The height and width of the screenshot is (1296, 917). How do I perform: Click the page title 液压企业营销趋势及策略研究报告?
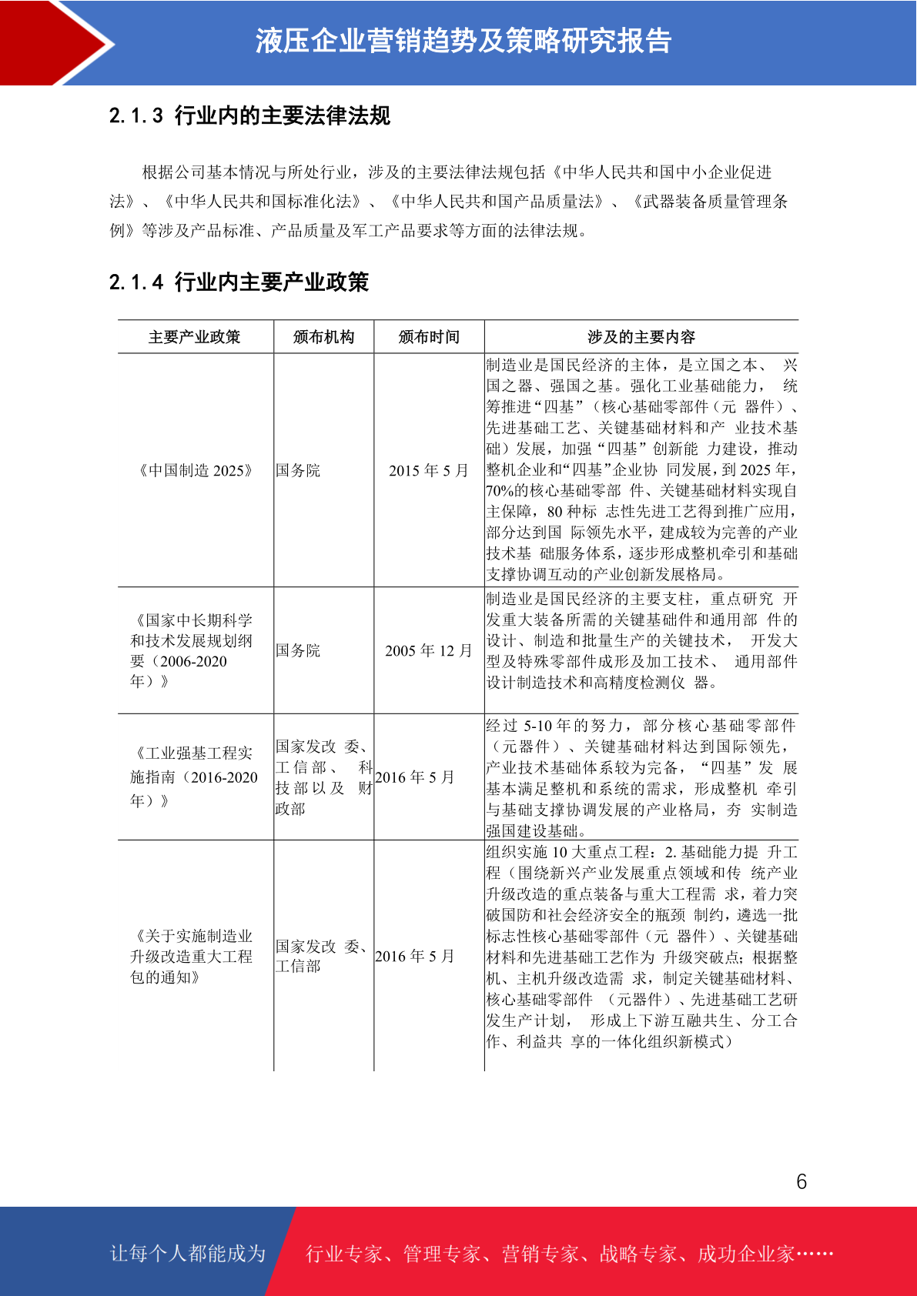[x=464, y=41]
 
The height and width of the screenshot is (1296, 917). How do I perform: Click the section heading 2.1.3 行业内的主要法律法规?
[x=249, y=115]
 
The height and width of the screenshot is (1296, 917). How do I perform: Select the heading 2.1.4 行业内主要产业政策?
[x=239, y=282]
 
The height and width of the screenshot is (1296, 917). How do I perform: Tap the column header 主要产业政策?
[x=195, y=337]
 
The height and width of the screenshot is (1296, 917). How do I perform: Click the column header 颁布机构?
[x=323, y=337]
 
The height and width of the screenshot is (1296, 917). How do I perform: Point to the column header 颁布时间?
[x=429, y=337]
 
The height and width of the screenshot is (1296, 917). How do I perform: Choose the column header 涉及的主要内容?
[x=641, y=337]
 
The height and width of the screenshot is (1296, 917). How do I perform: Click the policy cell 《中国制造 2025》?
[x=195, y=470]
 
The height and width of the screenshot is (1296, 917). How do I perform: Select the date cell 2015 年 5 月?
[x=428, y=470]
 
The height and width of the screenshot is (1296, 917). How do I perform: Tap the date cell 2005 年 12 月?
[x=428, y=650]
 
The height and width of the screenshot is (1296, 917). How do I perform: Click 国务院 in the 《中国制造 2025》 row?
[x=298, y=470]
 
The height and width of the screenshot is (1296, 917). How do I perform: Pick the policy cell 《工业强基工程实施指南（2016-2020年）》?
[x=193, y=777]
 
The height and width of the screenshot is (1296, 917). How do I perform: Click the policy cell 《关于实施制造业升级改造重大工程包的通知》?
[x=192, y=956]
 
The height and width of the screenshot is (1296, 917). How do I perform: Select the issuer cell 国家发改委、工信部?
[x=322, y=956]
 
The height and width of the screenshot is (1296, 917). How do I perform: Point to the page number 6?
[x=802, y=1181]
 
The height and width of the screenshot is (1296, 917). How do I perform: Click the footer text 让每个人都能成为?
[x=188, y=1253]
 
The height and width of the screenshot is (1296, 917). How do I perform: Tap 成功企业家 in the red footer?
[x=745, y=1254]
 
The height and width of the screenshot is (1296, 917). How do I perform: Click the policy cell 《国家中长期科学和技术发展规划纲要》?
[x=192, y=650]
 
